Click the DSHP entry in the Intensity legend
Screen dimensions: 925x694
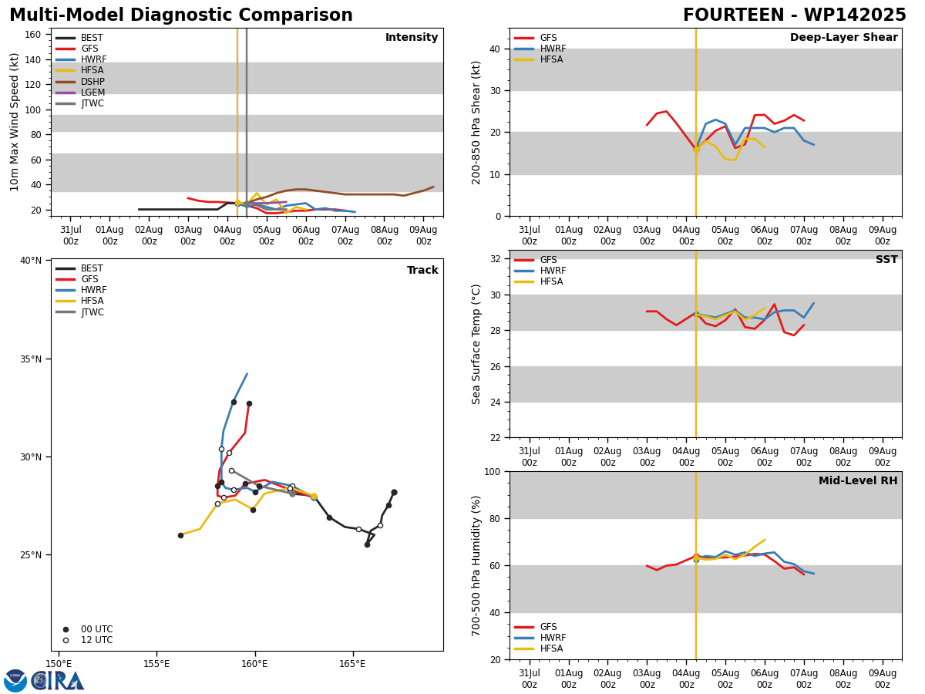point(80,81)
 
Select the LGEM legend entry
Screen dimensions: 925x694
point(80,93)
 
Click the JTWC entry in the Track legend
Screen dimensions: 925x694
point(79,312)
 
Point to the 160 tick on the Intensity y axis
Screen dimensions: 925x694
point(32,35)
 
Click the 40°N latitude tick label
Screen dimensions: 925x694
point(31,261)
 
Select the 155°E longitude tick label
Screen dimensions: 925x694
point(156,665)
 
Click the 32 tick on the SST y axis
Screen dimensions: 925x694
point(496,259)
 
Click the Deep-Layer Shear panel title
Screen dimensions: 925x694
point(843,38)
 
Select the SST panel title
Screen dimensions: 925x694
point(886,259)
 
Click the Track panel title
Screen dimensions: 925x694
point(422,270)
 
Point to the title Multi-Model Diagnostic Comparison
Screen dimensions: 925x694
point(181,15)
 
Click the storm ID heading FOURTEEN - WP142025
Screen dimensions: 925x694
point(795,15)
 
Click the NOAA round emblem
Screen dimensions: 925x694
point(15,681)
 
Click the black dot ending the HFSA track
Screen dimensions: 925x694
point(181,536)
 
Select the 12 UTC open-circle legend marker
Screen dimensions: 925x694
point(66,641)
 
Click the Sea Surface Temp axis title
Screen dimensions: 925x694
point(476,344)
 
